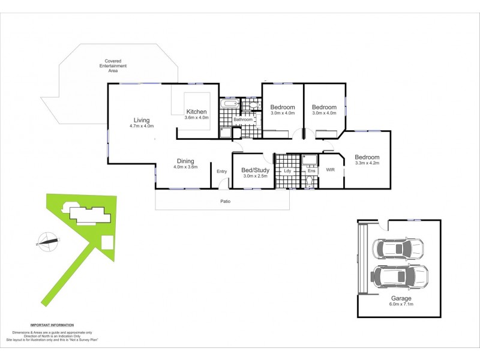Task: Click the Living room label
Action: pyautogui.click(x=142, y=120)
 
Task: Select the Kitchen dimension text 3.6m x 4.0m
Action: pyautogui.click(x=197, y=118)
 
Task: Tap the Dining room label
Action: pyautogui.click(x=185, y=160)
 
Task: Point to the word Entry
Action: pyautogui.click(x=222, y=172)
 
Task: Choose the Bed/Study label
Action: pyautogui.click(x=256, y=170)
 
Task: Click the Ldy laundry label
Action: pyautogui.click(x=287, y=171)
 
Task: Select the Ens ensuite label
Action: pyautogui.click(x=311, y=171)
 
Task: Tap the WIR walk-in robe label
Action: pyautogui.click(x=330, y=170)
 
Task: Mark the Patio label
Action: pyautogui.click(x=224, y=201)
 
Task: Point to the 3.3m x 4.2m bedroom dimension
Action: pyautogui.click(x=367, y=163)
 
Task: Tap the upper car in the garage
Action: pyautogui.click(x=397, y=248)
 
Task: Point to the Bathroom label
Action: pyautogui.click(x=243, y=119)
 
